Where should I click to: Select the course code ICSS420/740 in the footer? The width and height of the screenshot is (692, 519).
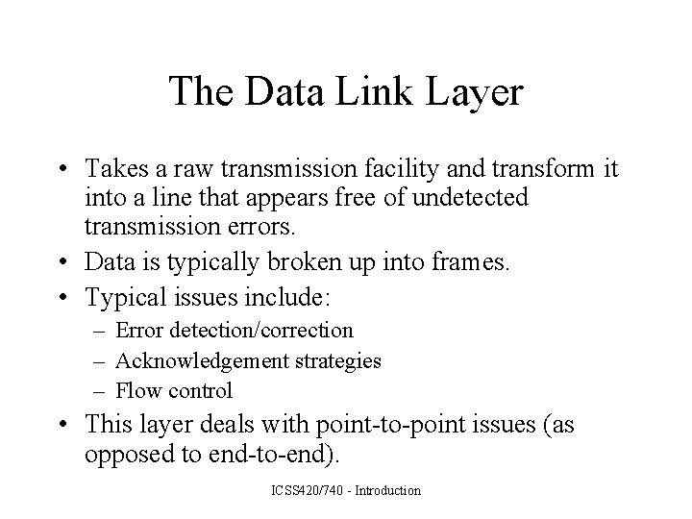click(x=313, y=491)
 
